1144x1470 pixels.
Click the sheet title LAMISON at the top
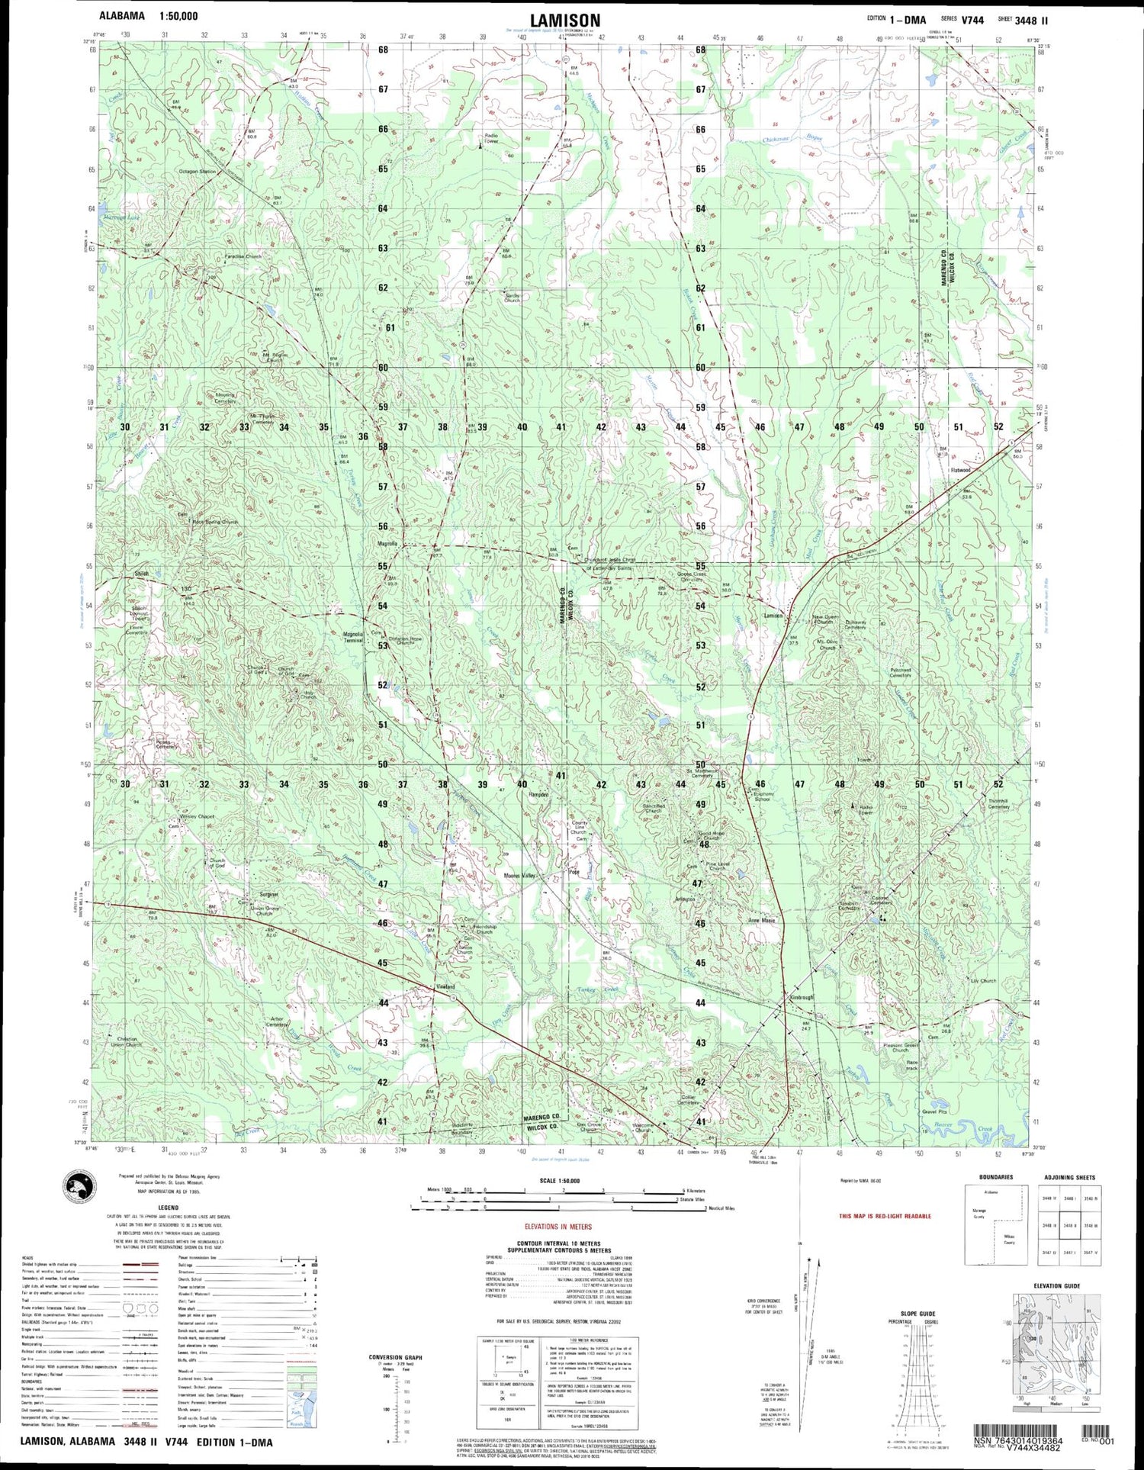pyautogui.click(x=565, y=21)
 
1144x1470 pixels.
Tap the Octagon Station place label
pyautogui.click(x=198, y=172)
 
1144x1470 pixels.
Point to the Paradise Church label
pyautogui.click(x=243, y=257)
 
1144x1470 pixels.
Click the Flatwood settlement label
pyautogui.click(x=960, y=470)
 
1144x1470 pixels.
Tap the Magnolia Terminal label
pyautogui.click(x=353, y=637)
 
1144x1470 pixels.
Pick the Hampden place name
pyautogui.click(x=539, y=794)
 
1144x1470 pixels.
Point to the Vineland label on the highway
pyautogui.click(x=445, y=986)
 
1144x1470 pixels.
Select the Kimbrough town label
pyautogui.click(x=802, y=998)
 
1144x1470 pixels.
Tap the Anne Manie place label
pyautogui.click(x=761, y=921)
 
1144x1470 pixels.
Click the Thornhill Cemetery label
pyautogui.click(x=998, y=804)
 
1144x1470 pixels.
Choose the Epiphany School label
pyautogui.click(x=762, y=796)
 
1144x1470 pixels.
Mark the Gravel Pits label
pyautogui.click(x=934, y=1111)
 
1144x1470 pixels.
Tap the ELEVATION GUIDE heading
pyautogui.click(x=1056, y=1285)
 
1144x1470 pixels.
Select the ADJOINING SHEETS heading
pyautogui.click(x=1069, y=1177)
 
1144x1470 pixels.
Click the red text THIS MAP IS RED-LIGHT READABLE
pyautogui.click(x=885, y=1216)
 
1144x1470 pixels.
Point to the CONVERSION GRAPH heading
pyautogui.click(x=396, y=1357)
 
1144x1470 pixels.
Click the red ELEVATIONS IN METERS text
pyautogui.click(x=558, y=1227)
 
